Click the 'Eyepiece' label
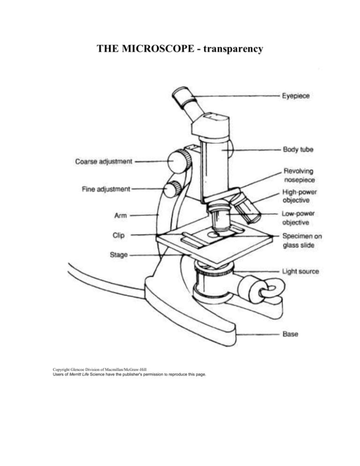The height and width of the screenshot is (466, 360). [x=296, y=96]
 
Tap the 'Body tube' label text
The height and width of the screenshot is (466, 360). [x=298, y=150]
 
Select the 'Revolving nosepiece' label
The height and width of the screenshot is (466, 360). [x=299, y=175]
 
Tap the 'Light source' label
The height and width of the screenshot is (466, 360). [x=300, y=271]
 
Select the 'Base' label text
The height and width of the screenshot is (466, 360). [x=291, y=334]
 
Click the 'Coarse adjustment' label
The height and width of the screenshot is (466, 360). [x=104, y=161]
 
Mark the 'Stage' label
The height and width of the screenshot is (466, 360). [x=119, y=256]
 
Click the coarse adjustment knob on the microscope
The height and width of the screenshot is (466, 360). [x=180, y=161]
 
